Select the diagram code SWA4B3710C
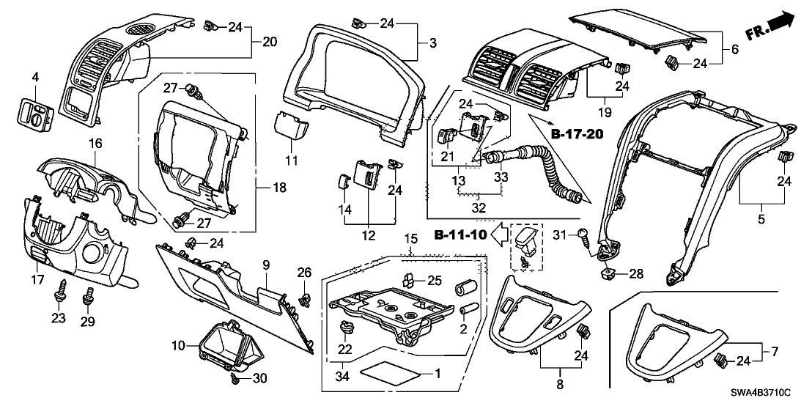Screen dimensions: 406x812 tap(767, 394)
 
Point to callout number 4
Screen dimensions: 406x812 tap(34, 76)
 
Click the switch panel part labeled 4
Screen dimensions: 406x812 tap(34, 111)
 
